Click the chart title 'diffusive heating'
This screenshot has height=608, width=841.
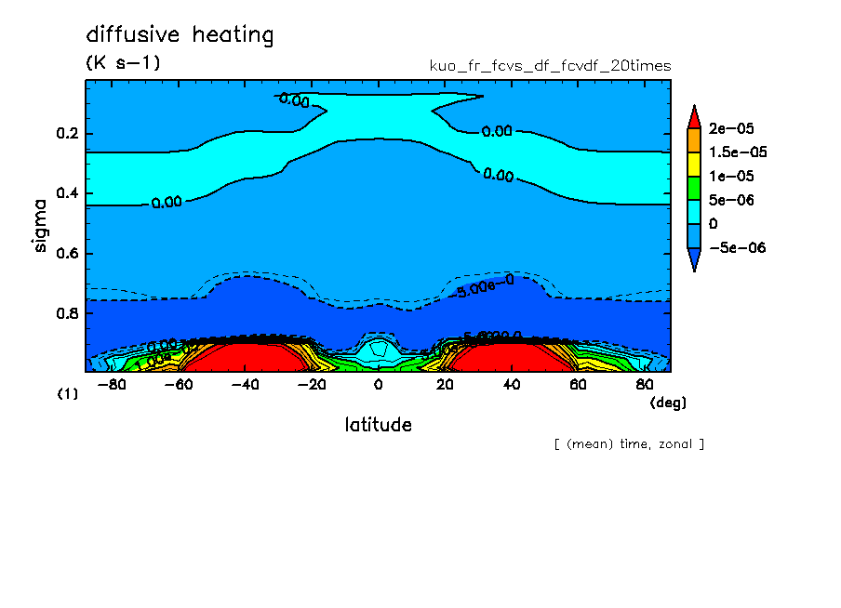pos(180,35)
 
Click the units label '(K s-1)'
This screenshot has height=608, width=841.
pos(123,63)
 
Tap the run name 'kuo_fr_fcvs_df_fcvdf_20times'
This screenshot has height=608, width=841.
pos(550,66)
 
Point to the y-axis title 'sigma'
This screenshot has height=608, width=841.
pos(39,224)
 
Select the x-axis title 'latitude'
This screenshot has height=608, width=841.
pos(378,425)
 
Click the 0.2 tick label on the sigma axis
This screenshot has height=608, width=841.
pos(67,134)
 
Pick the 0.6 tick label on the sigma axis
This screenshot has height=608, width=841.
pos(67,254)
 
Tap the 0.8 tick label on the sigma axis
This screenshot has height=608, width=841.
pos(67,313)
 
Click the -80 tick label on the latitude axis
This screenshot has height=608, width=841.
pos(112,384)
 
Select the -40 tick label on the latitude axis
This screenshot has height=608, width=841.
pos(243,384)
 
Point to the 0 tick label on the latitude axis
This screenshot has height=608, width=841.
pos(378,384)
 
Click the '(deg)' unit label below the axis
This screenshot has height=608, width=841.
pos(667,403)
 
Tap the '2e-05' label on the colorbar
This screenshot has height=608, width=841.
pos(732,128)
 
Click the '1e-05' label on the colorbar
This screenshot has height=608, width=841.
pos(732,177)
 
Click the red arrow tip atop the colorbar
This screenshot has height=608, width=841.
pos(693,115)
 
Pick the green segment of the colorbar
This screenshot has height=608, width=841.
pos(693,188)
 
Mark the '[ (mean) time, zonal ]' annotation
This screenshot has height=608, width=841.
pos(629,444)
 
